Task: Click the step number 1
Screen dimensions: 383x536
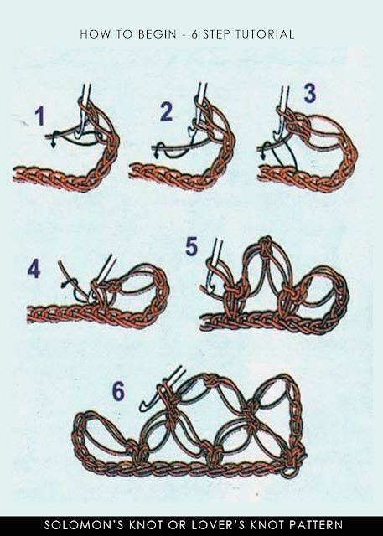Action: click(39, 116)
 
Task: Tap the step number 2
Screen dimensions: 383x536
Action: click(166, 111)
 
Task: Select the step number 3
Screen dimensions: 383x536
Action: click(310, 93)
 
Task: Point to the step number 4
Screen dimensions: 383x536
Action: click(34, 268)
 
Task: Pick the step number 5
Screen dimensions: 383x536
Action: click(191, 246)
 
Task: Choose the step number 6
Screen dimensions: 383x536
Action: click(118, 391)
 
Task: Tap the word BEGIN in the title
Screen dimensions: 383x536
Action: click(157, 34)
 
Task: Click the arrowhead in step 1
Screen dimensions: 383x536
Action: click(54, 144)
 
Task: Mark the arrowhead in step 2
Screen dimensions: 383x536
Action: click(156, 156)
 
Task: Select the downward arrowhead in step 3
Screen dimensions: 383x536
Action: click(263, 156)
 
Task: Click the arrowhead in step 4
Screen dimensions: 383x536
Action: click(64, 285)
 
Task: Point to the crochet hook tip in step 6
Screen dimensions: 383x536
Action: click(143, 408)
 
